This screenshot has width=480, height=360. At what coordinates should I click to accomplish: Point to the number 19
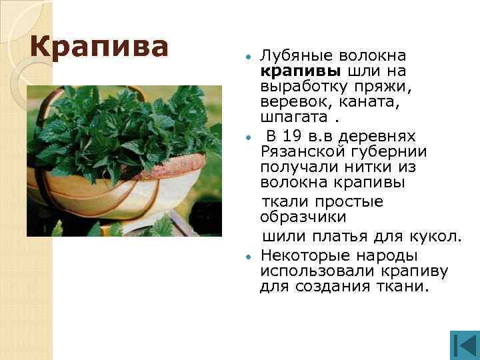[291, 136]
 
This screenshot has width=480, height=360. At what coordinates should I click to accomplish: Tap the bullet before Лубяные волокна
[248, 56]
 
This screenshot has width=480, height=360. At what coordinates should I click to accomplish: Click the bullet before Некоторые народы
[248, 256]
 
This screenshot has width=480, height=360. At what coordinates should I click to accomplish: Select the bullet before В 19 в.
[248, 137]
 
